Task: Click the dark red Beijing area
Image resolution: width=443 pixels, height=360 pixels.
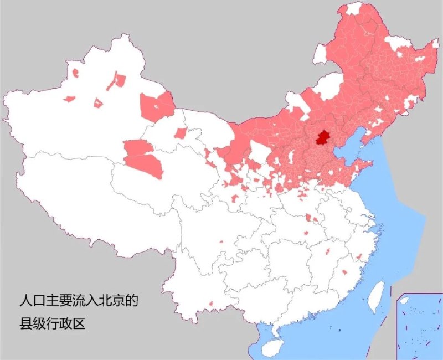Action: pyautogui.click(x=321, y=137)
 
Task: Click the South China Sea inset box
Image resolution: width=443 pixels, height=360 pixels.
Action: pyautogui.click(x=419, y=326)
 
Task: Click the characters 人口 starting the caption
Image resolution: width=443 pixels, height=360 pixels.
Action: pyautogui.click(x=32, y=302)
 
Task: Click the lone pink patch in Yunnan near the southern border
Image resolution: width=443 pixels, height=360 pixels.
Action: pyautogui.click(x=211, y=304)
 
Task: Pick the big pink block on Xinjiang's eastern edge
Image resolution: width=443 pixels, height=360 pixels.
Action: pyautogui.click(x=156, y=107)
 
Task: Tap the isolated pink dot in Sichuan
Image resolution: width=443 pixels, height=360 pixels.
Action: pyautogui.click(x=221, y=241)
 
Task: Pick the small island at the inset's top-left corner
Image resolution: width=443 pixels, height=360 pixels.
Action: pyautogui.click(x=404, y=300)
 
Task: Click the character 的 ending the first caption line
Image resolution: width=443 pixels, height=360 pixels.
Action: pyautogui.click(x=130, y=302)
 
